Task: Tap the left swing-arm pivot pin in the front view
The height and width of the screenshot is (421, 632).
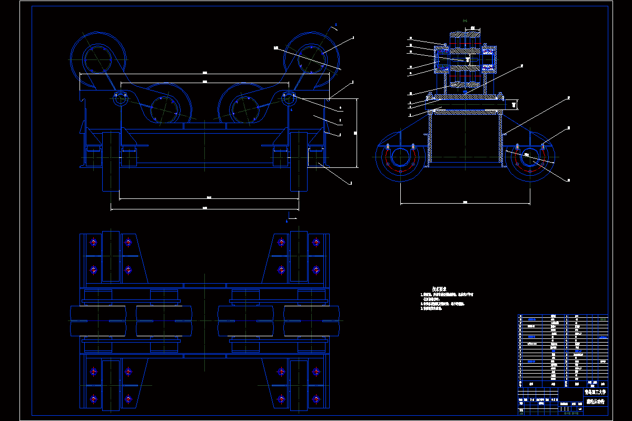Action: click(120, 98)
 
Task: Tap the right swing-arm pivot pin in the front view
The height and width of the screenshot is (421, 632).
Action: click(289, 98)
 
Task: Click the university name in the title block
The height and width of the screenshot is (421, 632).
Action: click(595, 392)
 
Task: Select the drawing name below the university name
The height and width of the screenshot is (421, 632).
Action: click(595, 401)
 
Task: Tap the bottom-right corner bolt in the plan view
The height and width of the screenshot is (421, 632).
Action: click(315, 399)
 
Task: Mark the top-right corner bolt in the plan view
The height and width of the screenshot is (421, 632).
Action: click(315, 243)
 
